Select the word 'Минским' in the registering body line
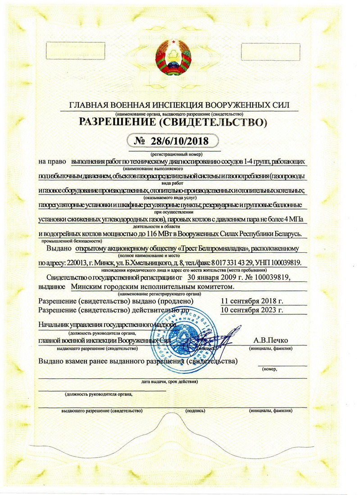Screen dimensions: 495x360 click(88, 286)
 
